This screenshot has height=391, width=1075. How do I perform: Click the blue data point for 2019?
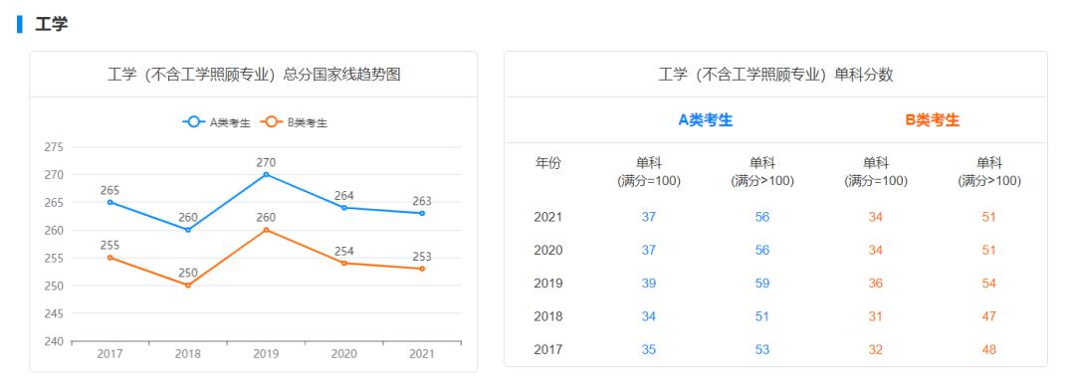[x=266, y=174]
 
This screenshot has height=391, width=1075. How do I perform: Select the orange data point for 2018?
[x=188, y=286]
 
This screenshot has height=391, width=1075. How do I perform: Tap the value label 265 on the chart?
[x=109, y=190]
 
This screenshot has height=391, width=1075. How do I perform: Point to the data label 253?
[x=422, y=257]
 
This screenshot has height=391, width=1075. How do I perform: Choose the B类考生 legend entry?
[x=295, y=122]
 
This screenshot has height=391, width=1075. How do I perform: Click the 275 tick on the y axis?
[x=53, y=147]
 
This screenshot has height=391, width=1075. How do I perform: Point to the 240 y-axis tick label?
[x=53, y=341]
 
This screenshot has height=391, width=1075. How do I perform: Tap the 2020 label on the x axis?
[x=343, y=353]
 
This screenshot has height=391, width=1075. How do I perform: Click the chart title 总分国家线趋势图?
[x=254, y=75]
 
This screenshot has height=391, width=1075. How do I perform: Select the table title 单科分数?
[x=775, y=75]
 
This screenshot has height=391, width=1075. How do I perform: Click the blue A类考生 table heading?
[x=706, y=120]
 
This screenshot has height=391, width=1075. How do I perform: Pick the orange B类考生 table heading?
[x=933, y=120]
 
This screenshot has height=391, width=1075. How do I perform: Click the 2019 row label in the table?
[x=548, y=284]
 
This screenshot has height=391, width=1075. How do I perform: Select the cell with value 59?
[x=761, y=284]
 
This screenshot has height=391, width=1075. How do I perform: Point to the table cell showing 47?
[x=988, y=316]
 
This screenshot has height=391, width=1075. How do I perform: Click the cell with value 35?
[x=648, y=349]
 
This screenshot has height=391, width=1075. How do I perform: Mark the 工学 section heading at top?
[x=51, y=24]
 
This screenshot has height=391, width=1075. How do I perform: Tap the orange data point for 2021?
[x=422, y=269]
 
